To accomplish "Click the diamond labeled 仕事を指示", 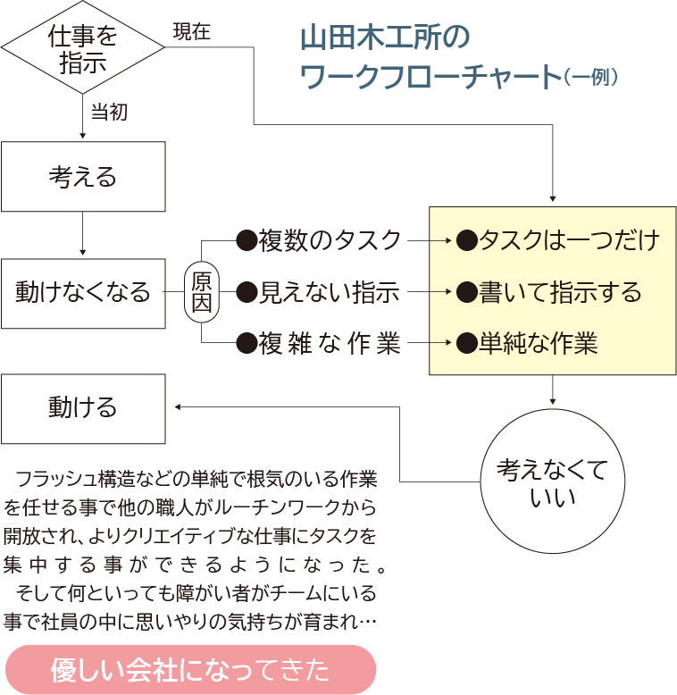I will [x=82, y=49].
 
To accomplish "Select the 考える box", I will [x=83, y=177].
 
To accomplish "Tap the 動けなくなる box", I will [x=83, y=292].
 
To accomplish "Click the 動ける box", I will [x=83, y=408].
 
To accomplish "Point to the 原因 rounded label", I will [x=202, y=292].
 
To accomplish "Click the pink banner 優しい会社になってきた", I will [x=190, y=670].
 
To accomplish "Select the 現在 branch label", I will [x=191, y=32].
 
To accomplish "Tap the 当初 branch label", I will [x=109, y=113].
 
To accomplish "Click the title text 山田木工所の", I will [x=384, y=38].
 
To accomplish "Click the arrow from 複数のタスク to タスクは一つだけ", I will [x=430, y=240].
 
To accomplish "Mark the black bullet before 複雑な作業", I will [x=246, y=344].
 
